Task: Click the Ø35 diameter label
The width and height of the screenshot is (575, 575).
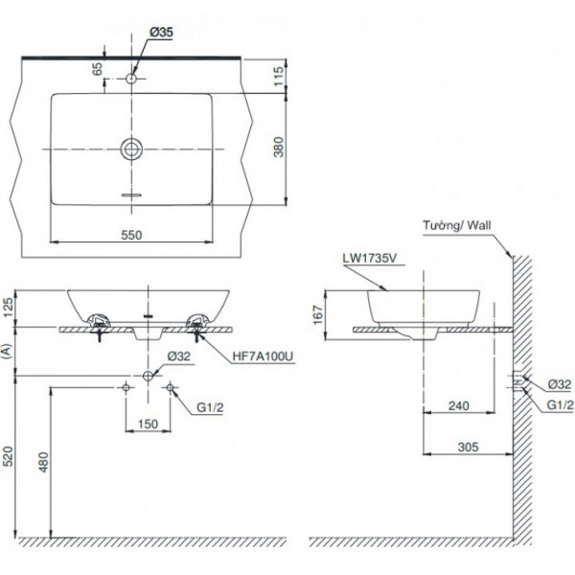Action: (x=160, y=32)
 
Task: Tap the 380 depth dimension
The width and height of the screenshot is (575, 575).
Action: (x=279, y=147)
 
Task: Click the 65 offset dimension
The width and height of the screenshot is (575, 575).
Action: (x=97, y=69)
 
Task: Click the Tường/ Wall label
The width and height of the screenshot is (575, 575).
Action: (x=455, y=227)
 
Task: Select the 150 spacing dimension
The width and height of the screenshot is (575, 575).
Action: (x=148, y=424)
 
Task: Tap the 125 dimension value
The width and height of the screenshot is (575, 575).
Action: (x=9, y=308)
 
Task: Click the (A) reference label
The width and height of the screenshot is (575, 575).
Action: (x=9, y=351)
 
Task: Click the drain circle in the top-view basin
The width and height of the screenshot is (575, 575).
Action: (x=131, y=149)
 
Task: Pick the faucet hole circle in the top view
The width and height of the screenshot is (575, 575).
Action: (x=131, y=78)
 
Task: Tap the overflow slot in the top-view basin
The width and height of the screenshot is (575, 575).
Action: (x=131, y=194)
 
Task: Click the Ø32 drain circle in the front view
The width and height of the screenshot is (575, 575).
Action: (x=149, y=374)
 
